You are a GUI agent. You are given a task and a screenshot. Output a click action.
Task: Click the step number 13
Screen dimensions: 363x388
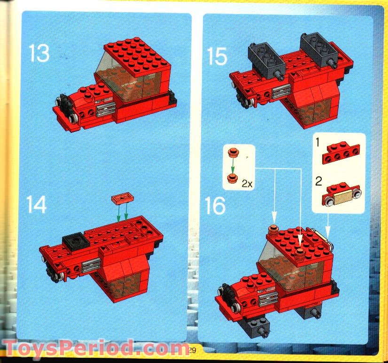coord(39,53)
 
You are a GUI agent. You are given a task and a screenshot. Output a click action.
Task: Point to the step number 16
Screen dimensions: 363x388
coord(216,205)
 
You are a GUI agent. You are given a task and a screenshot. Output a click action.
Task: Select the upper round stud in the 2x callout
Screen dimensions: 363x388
coord(232,153)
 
